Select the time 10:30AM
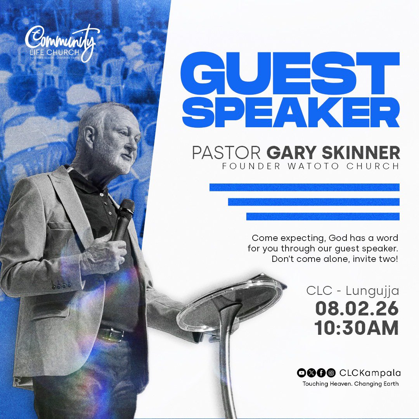pos(357,328)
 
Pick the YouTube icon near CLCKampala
pos(301,373)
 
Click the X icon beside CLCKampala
pos(311,373)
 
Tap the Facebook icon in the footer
pos(321,373)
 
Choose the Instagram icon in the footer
pos(331,373)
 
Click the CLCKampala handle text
pos(370,373)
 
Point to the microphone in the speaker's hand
pos(123,217)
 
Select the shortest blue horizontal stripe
pos(323,216)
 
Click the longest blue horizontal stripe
pos(305,187)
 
